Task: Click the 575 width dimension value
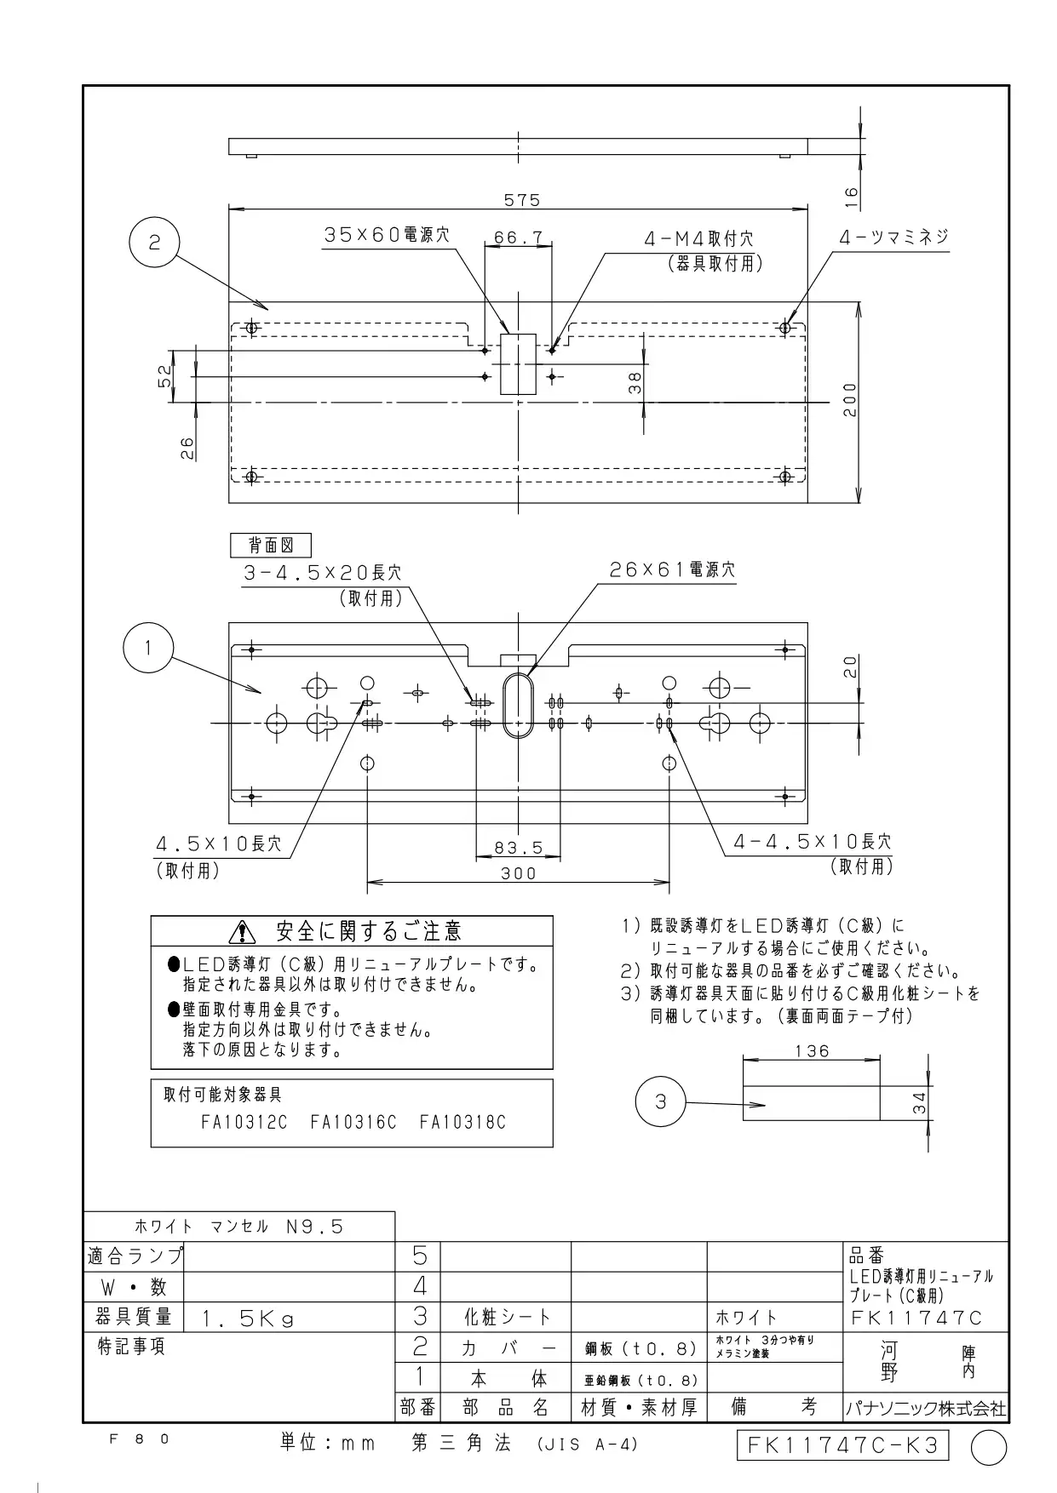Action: click(x=521, y=200)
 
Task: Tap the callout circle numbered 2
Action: click(x=154, y=243)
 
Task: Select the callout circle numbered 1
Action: click(x=148, y=649)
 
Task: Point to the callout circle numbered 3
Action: click(x=661, y=1102)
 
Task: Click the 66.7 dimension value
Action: click(x=519, y=238)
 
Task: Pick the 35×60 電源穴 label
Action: click(x=387, y=235)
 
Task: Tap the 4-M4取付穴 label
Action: click(x=698, y=240)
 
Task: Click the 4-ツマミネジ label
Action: click(x=893, y=237)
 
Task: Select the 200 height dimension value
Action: click(x=849, y=399)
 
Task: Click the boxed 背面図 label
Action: click(x=270, y=546)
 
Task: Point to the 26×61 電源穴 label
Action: click(x=672, y=569)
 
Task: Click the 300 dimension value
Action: click(x=518, y=873)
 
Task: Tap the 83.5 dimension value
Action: click(x=518, y=848)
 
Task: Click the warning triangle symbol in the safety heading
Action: click(x=244, y=932)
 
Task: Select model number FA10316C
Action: click(x=353, y=1123)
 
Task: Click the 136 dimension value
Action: click(x=812, y=1051)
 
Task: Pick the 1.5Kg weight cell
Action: click(x=248, y=1319)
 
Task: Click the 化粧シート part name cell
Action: click(x=506, y=1318)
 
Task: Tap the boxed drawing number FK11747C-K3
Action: click(x=842, y=1445)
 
